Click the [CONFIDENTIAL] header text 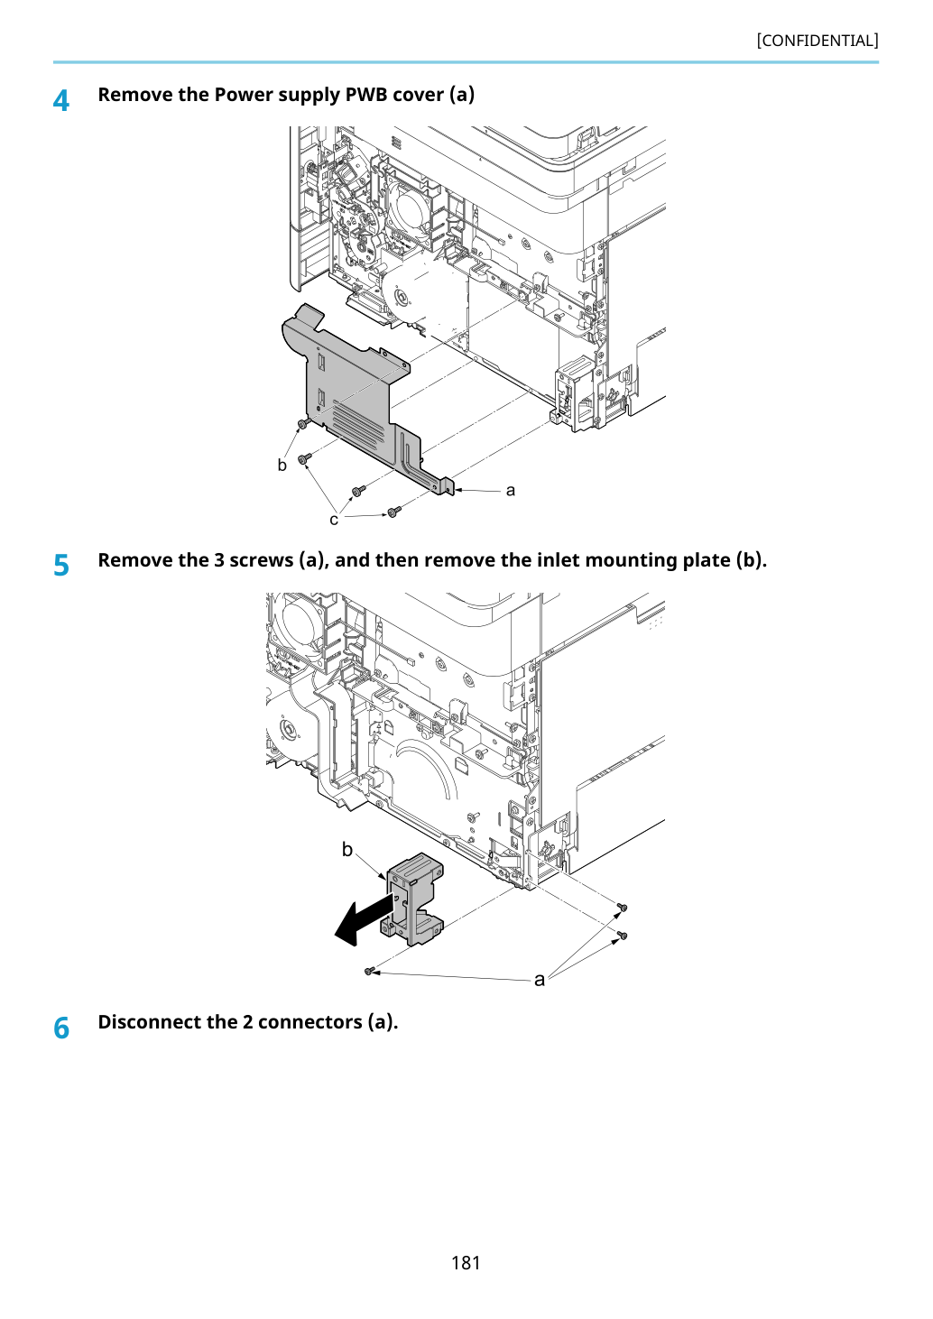pos(817,41)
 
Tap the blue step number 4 pos(60,101)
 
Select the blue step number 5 pos(60,566)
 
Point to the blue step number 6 pos(61,1028)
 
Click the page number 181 pos(466,1262)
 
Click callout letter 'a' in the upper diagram pos(511,490)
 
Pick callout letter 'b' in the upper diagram pos(282,465)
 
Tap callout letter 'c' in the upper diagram pos(334,520)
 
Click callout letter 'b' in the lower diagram pos(347,849)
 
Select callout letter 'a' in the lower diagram pos(540,979)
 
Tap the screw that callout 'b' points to pos(303,423)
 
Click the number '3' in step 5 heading pos(218,559)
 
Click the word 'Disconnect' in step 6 pos(147,1022)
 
